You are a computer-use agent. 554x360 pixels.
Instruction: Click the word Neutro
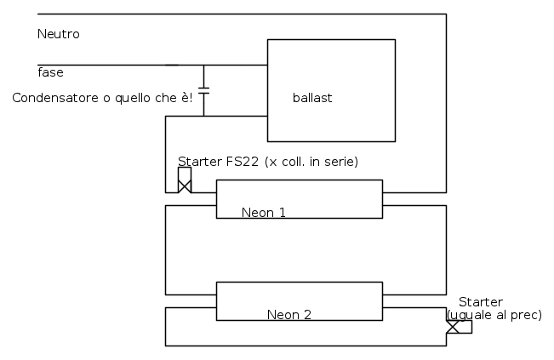(59, 34)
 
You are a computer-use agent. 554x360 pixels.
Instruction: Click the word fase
(50, 72)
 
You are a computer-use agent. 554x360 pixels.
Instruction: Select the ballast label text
(311, 98)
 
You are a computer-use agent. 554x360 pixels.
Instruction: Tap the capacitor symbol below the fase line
(203, 88)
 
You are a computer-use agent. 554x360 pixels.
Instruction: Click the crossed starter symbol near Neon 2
(453, 327)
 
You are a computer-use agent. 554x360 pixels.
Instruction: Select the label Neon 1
(263, 212)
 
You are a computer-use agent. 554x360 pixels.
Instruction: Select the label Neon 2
(288, 314)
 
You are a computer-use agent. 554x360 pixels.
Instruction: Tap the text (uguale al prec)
(494, 315)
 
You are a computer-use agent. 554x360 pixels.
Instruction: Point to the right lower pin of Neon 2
(414, 307)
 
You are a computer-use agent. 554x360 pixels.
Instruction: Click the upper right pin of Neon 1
(414, 192)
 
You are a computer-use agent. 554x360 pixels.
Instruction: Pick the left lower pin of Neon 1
(191, 205)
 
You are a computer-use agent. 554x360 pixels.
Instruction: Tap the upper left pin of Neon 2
(191, 294)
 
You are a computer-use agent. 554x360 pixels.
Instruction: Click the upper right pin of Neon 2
(414, 294)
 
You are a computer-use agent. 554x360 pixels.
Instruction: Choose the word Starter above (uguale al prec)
(481, 302)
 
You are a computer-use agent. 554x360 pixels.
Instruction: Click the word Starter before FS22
(198, 162)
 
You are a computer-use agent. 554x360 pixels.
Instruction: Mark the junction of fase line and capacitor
(203, 65)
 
